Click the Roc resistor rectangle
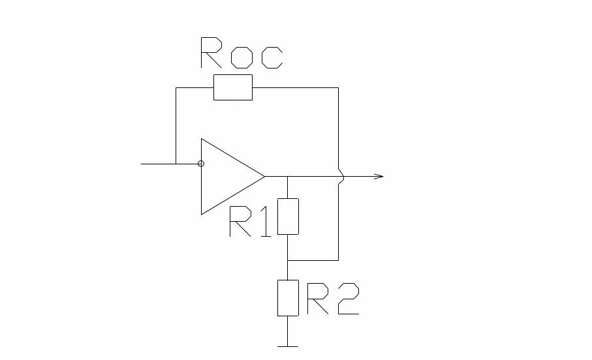tap(233, 87)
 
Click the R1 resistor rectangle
tap(288, 217)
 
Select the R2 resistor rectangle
tap(288, 297)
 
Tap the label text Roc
tap(241, 53)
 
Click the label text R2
tap(333, 299)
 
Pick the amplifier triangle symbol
tap(228, 176)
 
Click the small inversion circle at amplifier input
tap(200, 164)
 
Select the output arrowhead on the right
tap(379, 176)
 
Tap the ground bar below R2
tap(288, 346)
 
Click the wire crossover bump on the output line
tap(339, 176)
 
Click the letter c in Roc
tap(272, 57)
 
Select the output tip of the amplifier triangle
tap(264, 176)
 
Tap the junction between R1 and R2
tap(288, 260)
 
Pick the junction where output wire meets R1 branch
tap(288, 176)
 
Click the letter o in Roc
tap(241, 57)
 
